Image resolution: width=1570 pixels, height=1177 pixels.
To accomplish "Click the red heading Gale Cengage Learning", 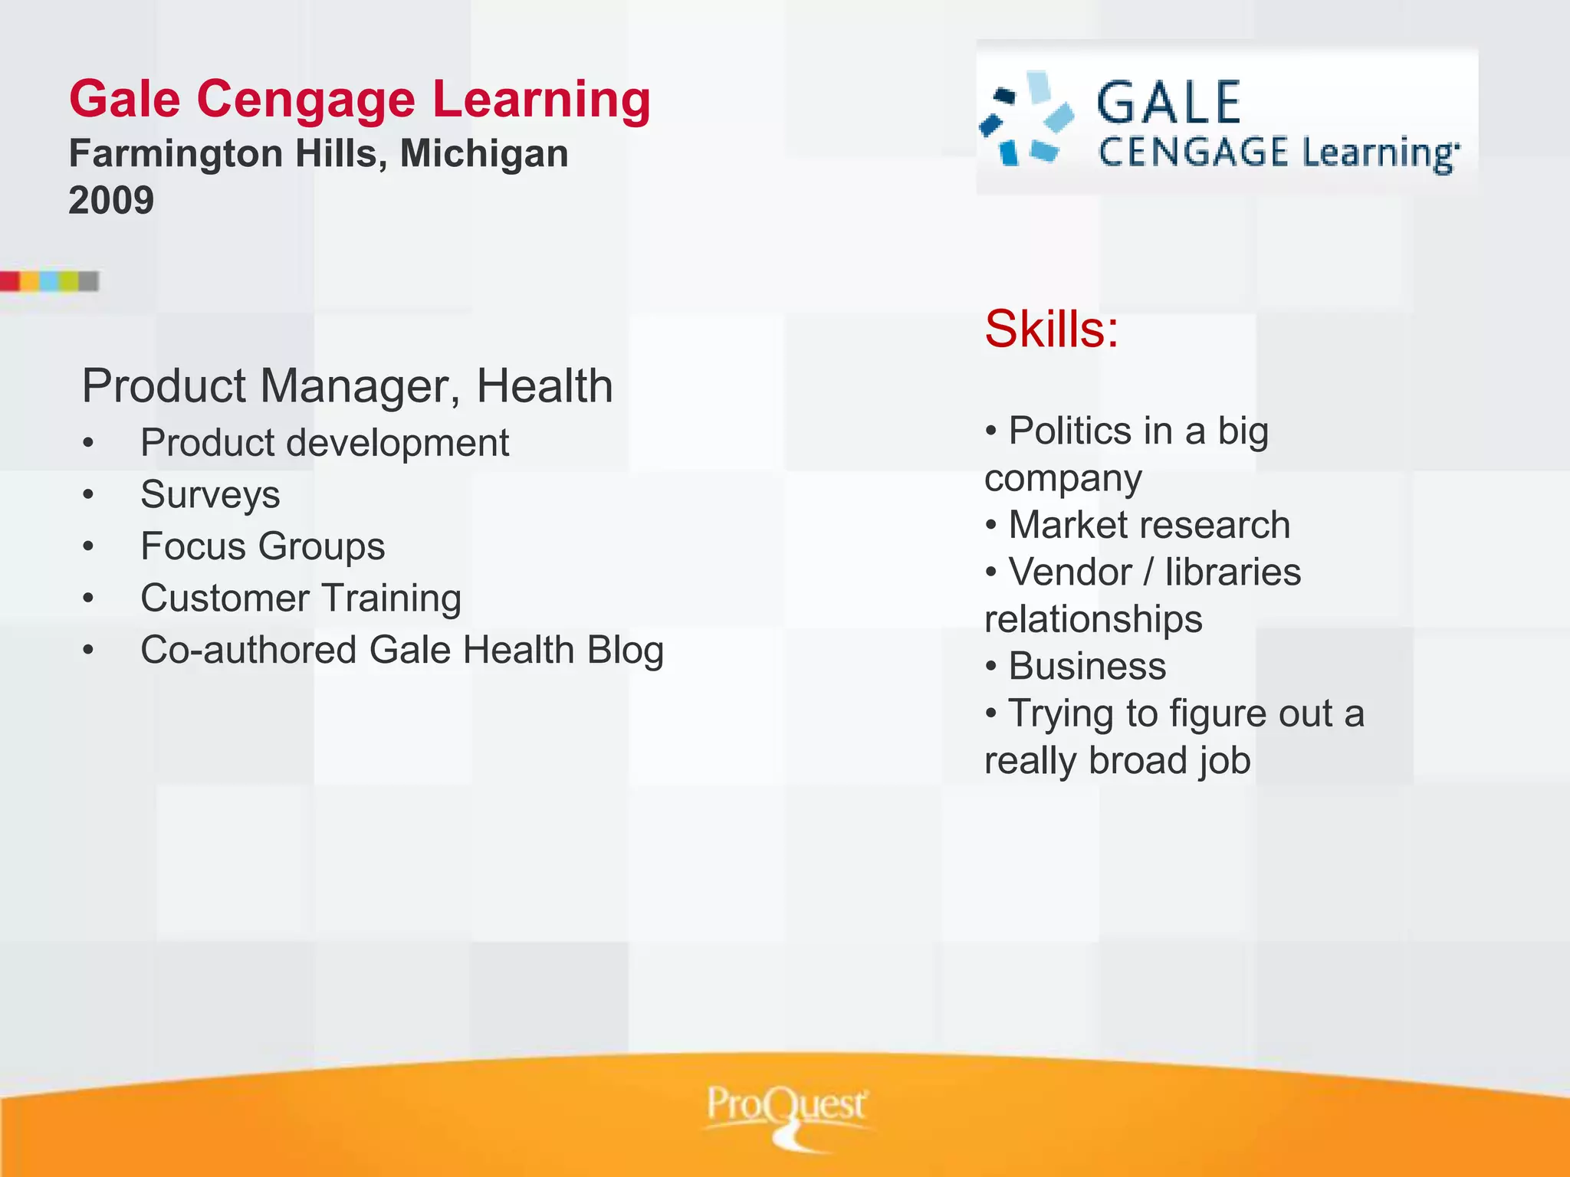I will tap(360, 100).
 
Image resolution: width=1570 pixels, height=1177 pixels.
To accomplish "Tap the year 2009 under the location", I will tap(111, 201).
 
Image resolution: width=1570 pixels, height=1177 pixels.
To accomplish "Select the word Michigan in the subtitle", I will tap(484, 153).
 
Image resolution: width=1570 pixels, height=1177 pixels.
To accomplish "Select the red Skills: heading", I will tap(1051, 329).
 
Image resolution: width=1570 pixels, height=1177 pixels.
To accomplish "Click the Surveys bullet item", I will tap(210, 494).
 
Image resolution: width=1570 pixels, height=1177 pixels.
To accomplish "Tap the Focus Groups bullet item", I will tap(262, 546).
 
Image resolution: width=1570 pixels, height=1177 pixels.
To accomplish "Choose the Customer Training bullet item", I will tap(301, 598).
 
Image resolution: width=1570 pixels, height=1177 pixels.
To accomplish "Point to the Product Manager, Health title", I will tap(347, 385).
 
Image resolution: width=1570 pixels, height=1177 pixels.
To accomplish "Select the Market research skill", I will tap(1148, 526).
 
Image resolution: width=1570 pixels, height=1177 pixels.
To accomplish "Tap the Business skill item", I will tap(1086, 667).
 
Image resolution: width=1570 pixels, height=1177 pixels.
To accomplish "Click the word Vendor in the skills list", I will tap(1069, 572).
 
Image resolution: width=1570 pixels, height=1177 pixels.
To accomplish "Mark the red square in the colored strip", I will tap(10, 281).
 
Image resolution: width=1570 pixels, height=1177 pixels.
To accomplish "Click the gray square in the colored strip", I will tap(88, 281).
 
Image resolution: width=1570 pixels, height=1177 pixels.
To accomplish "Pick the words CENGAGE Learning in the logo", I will tap(1278, 152).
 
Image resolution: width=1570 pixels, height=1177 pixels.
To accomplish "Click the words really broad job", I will tap(1117, 761).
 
